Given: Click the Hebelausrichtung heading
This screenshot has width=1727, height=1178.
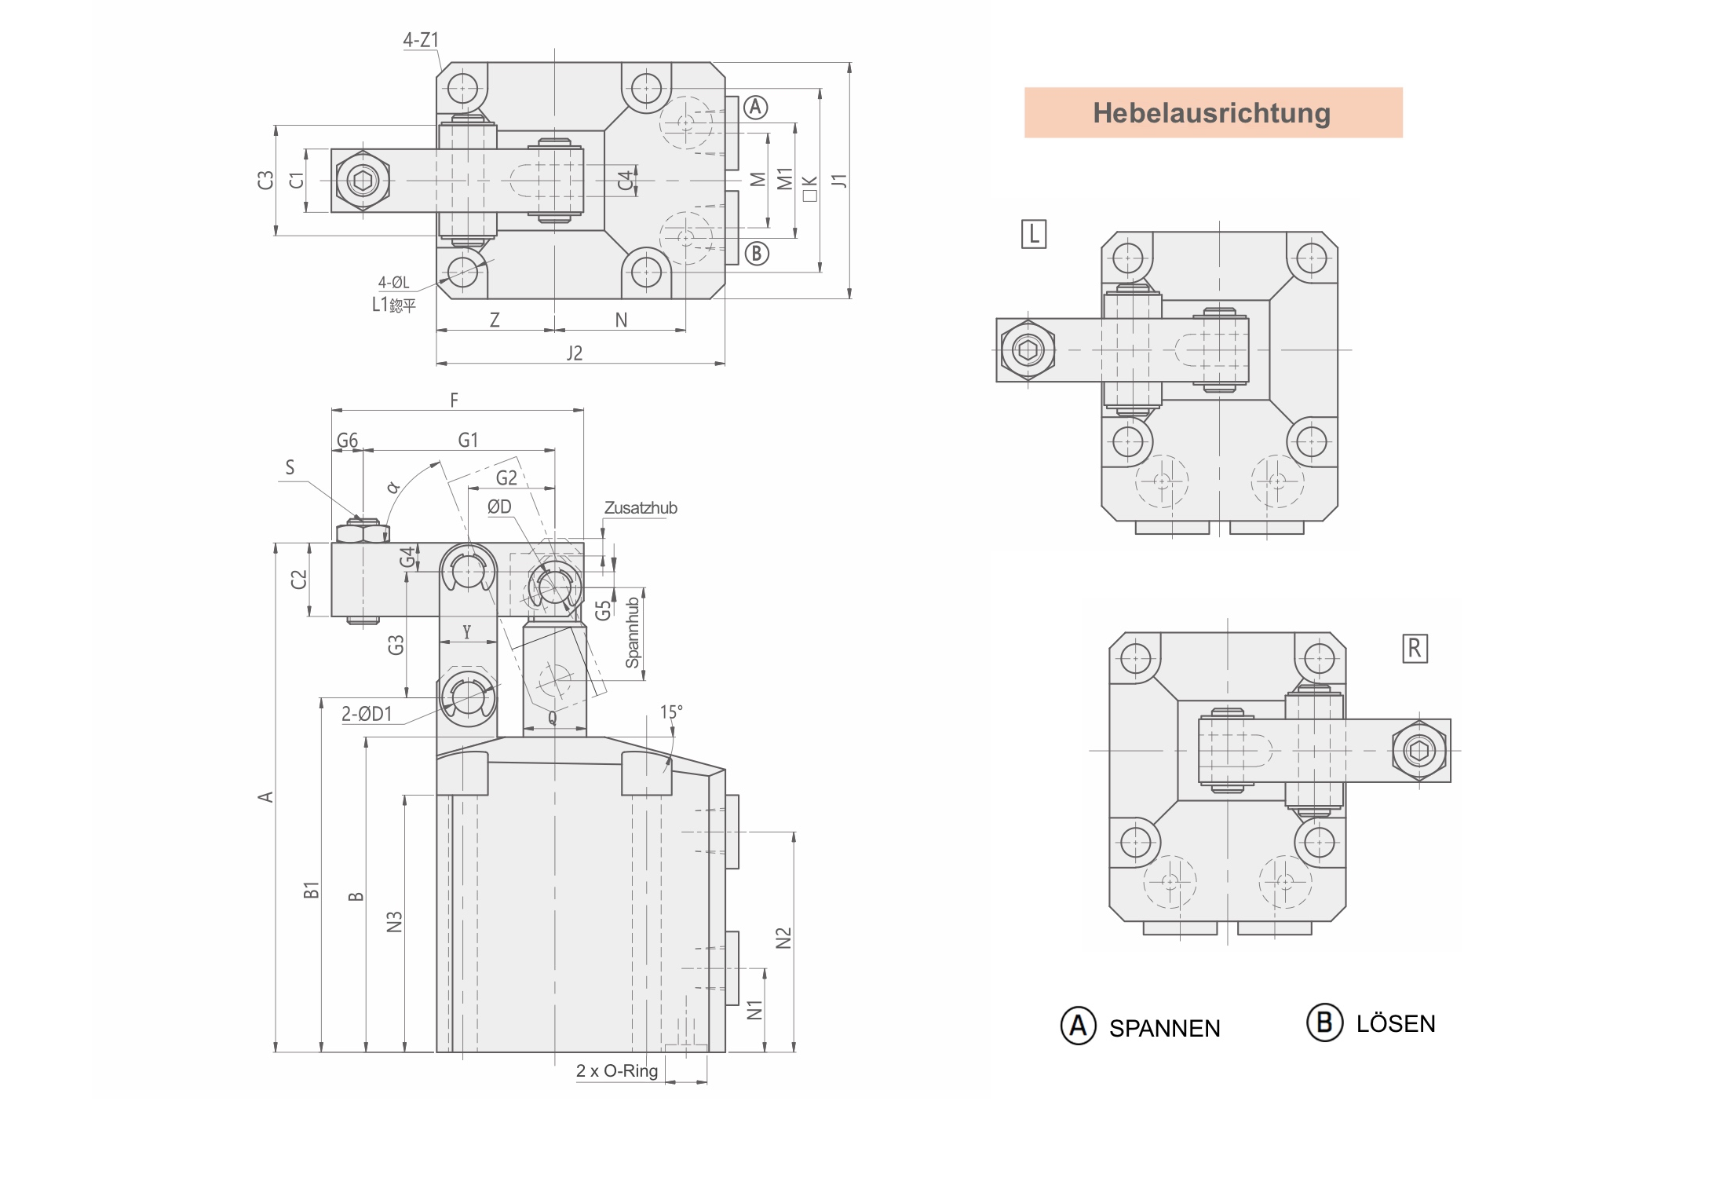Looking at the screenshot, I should pos(1212,113).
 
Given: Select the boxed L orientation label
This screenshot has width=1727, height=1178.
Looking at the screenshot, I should pos(1033,234).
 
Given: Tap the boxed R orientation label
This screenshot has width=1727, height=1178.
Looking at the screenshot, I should pos(1414,649).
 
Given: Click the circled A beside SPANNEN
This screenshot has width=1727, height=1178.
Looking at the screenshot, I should pos(1078,1026).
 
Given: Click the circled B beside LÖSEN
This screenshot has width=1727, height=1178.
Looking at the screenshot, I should pos(1324,1023).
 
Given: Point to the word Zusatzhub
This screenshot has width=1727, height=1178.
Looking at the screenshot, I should pos(640,508).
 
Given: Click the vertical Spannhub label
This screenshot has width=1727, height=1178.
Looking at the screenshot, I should pos(633,633).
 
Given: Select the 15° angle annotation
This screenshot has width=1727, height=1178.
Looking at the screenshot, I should pos(670,712).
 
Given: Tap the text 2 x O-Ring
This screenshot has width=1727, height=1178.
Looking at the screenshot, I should pos(616,1071).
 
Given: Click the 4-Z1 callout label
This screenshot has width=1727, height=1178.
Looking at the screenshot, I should pos(421,40).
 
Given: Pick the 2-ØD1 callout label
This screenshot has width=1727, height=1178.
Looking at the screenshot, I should pos(367,714).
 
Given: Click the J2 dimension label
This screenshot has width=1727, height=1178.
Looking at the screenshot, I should pos(575,353).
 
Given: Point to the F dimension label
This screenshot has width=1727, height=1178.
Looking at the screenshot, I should pos(454,401).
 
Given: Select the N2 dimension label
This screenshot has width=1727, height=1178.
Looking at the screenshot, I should pos(783,938).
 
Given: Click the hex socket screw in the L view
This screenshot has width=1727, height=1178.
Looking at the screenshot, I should pos(1028,349).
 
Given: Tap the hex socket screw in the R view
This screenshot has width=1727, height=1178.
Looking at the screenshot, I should pos(1418,751).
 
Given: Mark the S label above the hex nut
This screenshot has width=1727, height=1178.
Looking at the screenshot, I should pos(290,468).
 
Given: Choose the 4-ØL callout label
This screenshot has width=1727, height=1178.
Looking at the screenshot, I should pos(393,283).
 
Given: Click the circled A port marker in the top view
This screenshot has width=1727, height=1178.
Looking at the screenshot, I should pos(755,108).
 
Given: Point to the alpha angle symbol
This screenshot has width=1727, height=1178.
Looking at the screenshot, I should pos(392,488).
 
